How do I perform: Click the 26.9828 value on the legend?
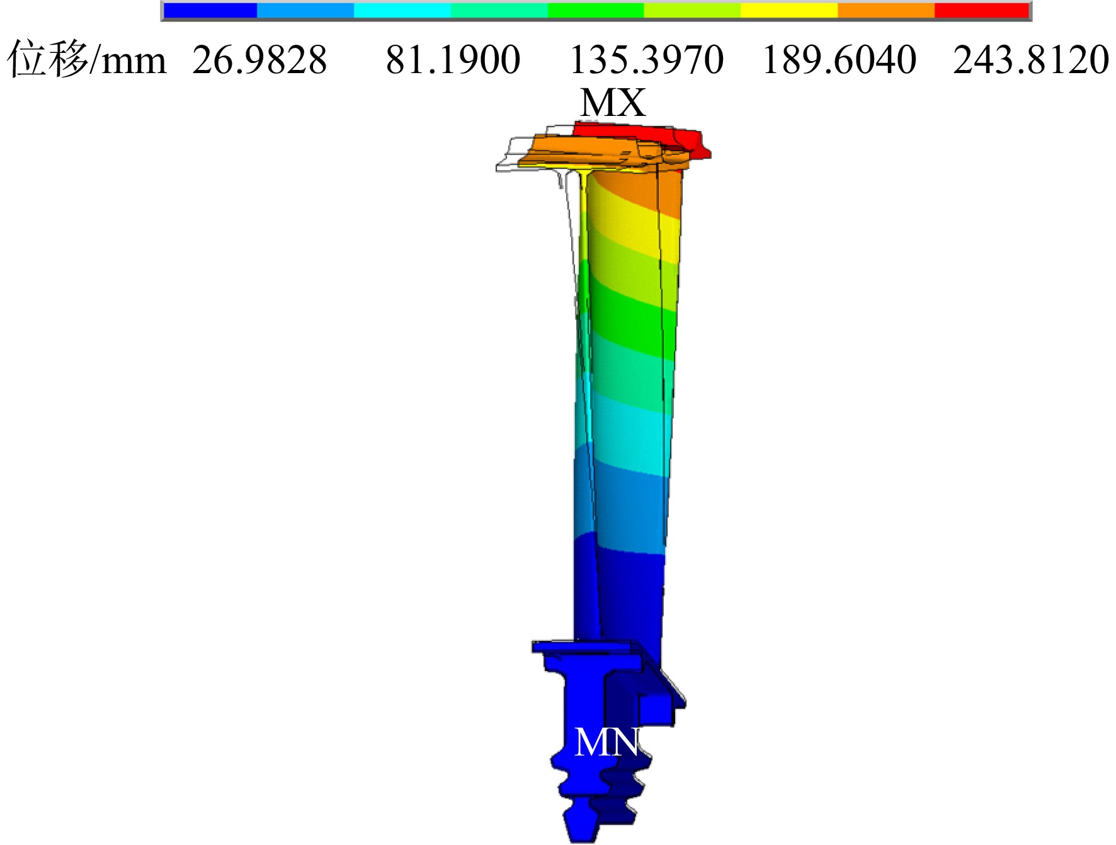(x=259, y=60)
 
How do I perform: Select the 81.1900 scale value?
(x=453, y=60)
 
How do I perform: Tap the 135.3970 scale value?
(x=646, y=60)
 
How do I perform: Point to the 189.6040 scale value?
(x=839, y=60)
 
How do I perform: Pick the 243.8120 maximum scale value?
(x=1031, y=60)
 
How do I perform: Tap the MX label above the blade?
(x=613, y=103)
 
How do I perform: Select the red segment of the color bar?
(x=981, y=11)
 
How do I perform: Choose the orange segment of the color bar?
(x=885, y=11)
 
